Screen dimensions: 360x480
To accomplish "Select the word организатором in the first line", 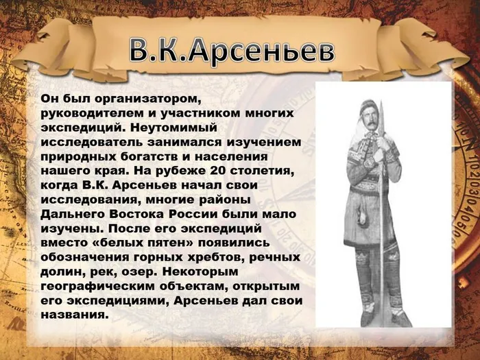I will [x=143, y=99].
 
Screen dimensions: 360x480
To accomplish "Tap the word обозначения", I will [x=84, y=257].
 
